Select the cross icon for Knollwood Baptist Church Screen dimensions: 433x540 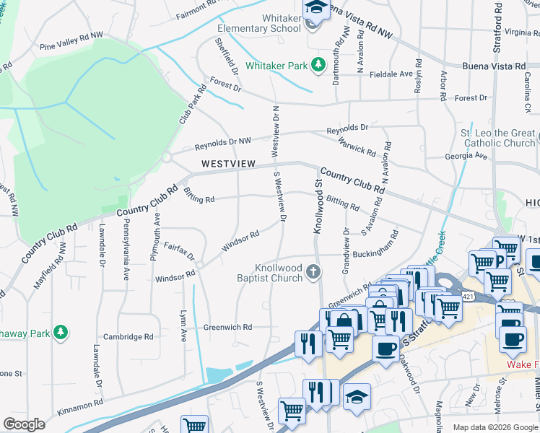point(313,272)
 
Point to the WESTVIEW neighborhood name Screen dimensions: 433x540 point(228,164)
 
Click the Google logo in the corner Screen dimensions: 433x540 point(25,424)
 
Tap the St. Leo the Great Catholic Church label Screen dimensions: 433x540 point(498,138)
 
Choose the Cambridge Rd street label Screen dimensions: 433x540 point(129,336)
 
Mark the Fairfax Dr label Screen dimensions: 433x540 point(180,253)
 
